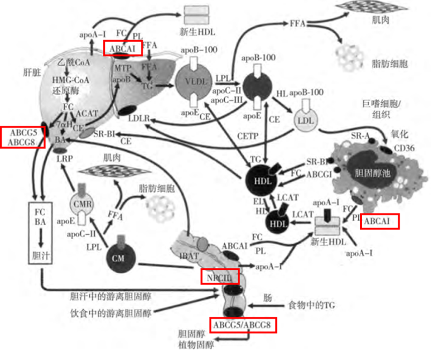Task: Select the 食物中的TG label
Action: (x=311, y=305)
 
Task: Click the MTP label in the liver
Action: (x=122, y=68)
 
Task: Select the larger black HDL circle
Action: (x=262, y=180)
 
